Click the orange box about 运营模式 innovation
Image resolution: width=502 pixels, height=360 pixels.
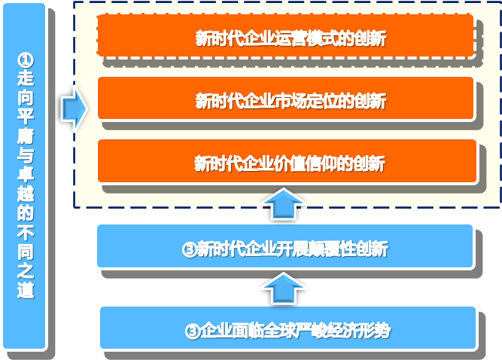(285, 35)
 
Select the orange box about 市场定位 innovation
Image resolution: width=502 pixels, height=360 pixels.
(285, 98)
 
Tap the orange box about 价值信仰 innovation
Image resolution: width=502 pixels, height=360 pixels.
(288, 160)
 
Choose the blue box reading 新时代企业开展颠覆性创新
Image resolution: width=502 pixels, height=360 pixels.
(285, 246)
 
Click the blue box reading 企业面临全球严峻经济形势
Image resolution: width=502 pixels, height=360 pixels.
(288, 328)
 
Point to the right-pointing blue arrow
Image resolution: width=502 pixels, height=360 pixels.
(75, 108)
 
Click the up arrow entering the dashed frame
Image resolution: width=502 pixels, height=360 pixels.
(283, 204)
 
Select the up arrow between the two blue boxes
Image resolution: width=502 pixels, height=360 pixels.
(283, 288)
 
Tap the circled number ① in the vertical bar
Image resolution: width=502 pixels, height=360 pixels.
(26, 60)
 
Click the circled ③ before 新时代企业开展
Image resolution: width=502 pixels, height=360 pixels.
(190, 249)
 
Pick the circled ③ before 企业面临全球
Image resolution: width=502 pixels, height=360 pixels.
(193, 331)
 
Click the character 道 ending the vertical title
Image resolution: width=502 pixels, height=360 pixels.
(26, 291)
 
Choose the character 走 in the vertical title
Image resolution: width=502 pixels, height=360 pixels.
(26, 78)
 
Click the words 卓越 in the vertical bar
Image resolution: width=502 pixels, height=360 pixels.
(26, 184)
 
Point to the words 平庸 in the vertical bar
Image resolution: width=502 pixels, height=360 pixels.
(26, 126)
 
